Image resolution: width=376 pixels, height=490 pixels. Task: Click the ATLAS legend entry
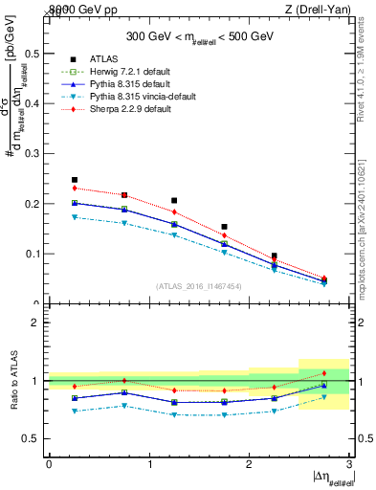[x=102, y=59]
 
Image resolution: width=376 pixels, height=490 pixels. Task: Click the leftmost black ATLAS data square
[x=74, y=180]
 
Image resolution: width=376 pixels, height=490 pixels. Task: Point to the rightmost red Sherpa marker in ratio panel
[x=324, y=373]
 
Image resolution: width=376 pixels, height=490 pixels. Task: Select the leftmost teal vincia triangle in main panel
[x=74, y=217]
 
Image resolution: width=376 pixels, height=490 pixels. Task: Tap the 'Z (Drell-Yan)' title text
[x=324, y=10]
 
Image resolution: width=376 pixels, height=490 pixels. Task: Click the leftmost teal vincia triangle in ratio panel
[x=74, y=411]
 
